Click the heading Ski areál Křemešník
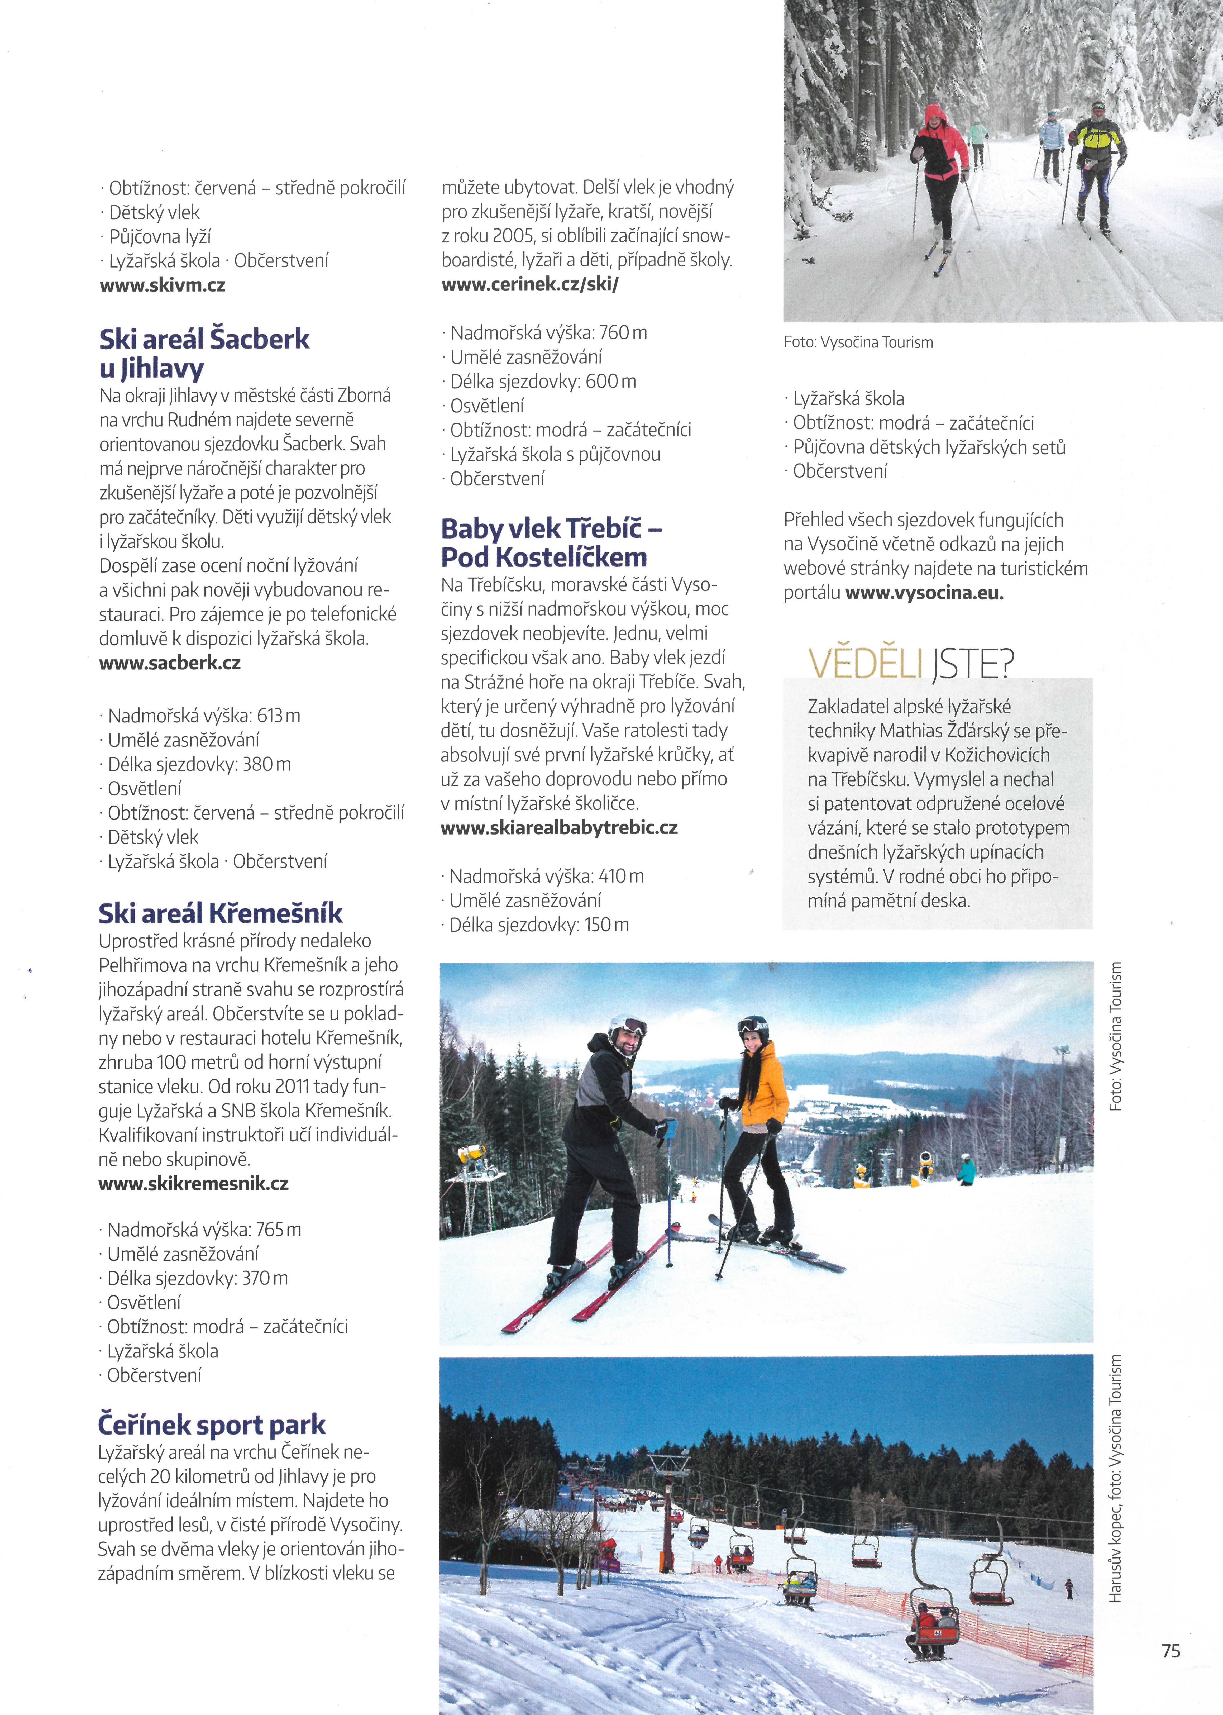220,914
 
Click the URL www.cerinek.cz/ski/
529,285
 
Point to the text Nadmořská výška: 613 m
203,716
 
